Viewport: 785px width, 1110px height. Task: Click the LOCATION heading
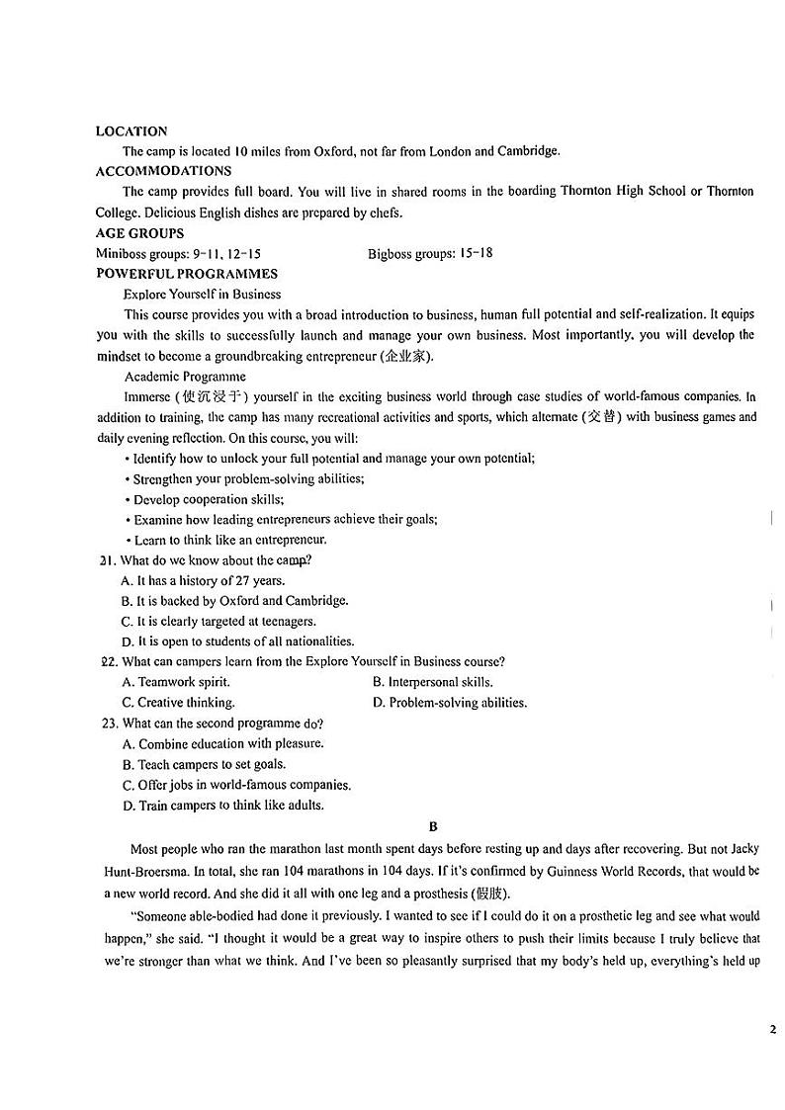click(131, 130)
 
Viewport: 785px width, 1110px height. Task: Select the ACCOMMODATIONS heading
click(163, 171)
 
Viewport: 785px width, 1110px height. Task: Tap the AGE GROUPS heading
click(139, 233)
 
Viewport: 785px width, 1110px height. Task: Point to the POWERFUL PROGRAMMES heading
click(186, 274)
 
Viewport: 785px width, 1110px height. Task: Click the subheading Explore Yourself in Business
click(202, 294)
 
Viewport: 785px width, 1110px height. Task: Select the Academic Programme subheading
click(185, 376)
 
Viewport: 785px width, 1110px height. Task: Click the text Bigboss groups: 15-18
click(430, 253)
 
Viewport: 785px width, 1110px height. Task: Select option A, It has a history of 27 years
click(203, 580)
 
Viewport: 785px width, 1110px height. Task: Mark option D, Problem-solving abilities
click(450, 703)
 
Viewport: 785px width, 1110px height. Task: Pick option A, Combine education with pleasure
click(222, 743)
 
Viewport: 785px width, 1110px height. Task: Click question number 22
click(109, 662)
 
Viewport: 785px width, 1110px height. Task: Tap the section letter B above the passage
click(432, 826)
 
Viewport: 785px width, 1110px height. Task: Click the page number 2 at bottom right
click(772, 1030)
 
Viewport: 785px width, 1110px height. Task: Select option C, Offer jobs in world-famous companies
click(235, 785)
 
